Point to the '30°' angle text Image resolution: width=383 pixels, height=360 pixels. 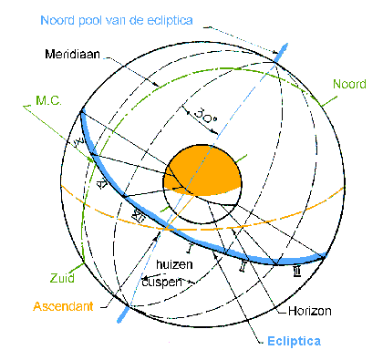coord(208,116)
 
